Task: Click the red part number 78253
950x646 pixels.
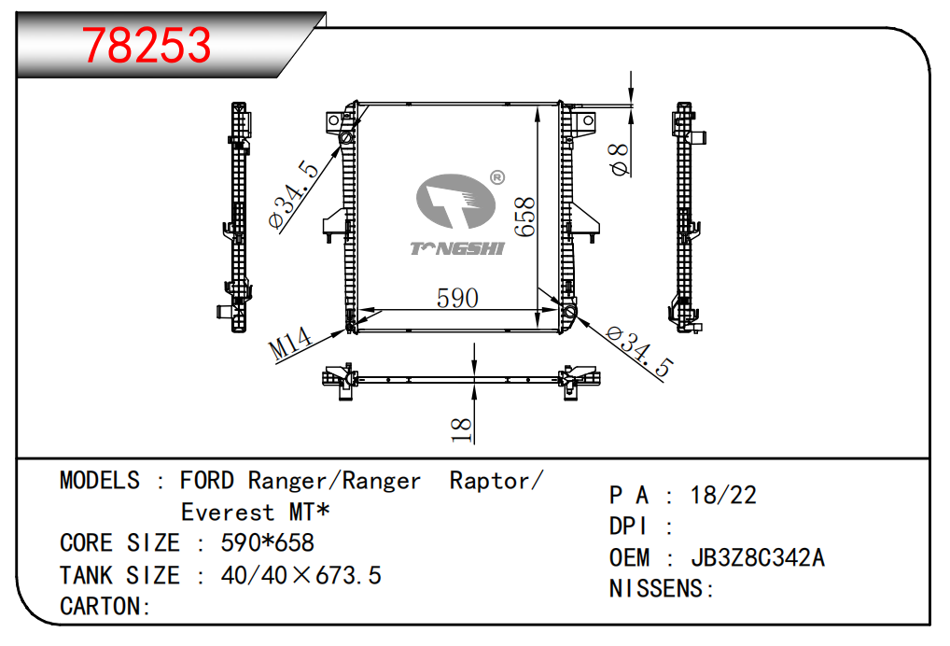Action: pos(147,45)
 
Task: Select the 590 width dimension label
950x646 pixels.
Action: pos(457,298)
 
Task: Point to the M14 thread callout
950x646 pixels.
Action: pos(290,344)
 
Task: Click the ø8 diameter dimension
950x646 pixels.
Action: pos(618,159)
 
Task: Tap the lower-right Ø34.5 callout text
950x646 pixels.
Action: pos(639,351)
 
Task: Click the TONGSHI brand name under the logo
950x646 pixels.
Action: pos(457,248)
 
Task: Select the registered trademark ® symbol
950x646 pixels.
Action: pos(497,177)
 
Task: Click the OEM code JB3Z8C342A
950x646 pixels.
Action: pos(757,558)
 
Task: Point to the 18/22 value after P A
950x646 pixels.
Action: pos(723,495)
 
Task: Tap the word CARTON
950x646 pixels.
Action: pos(102,606)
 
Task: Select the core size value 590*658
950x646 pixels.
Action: pos(267,542)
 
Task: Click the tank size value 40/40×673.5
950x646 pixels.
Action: pos(300,575)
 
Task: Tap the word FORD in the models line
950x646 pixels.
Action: pos(207,481)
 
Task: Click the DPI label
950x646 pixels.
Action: pos(629,527)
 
